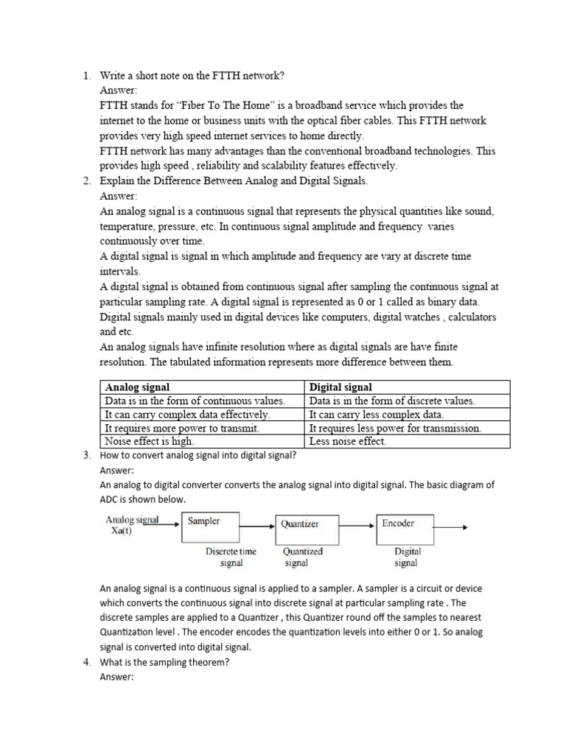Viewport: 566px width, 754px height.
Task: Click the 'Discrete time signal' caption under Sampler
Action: [231, 557]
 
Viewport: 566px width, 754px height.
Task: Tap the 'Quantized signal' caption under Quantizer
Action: [302, 557]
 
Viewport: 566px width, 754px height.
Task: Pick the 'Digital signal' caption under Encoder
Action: [406, 557]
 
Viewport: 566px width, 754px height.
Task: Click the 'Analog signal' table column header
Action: [138, 387]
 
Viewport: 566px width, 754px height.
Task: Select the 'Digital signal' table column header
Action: [340, 387]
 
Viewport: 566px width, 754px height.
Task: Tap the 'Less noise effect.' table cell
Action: [348, 441]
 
